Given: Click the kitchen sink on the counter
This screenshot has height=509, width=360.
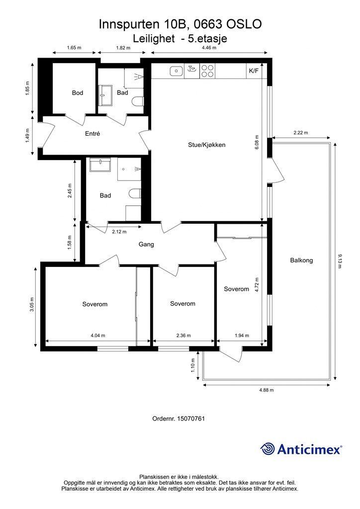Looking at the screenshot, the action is [x=176, y=71].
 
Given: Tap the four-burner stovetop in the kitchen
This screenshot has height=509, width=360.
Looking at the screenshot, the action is [x=207, y=71].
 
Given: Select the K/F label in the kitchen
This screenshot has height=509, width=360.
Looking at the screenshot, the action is [x=254, y=71].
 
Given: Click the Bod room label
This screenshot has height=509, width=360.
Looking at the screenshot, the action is [x=78, y=93].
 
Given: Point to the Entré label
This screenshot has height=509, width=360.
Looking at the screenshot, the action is [x=92, y=133].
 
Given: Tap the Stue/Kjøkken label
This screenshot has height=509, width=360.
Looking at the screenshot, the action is [x=206, y=145].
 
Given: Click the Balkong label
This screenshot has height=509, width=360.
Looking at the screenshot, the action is [x=301, y=260].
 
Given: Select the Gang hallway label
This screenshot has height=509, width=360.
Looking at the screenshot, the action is [x=146, y=244].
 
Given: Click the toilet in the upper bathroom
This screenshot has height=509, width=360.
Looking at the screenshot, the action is [x=138, y=102].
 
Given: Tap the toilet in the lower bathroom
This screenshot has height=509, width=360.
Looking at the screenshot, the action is [x=135, y=194].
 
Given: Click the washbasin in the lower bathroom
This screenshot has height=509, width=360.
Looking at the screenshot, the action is [x=100, y=165].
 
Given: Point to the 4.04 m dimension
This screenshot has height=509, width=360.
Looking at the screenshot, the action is [x=98, y=336].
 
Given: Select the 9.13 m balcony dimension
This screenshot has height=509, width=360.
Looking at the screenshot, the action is [x=340, y=261].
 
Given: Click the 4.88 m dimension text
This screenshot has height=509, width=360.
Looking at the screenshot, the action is [x=267, y=390].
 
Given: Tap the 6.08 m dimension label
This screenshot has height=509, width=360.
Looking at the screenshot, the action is [x=257, y=142].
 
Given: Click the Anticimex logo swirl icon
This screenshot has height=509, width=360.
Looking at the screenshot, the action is [x=267, y=449].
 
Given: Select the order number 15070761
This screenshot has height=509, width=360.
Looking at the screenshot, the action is [x=191, y=419].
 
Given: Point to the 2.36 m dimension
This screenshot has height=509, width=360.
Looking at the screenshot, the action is [x=183, y=336].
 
